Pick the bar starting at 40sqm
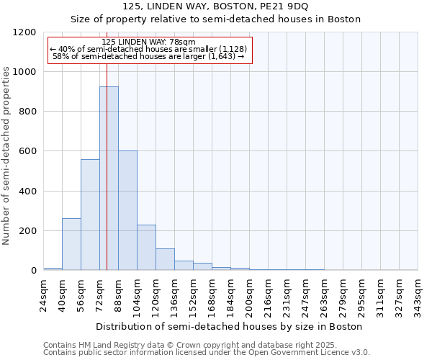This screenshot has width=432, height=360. tap(71, 244)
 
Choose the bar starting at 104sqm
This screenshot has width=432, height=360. tap(146, 248)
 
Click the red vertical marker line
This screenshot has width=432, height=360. tap(107, 144)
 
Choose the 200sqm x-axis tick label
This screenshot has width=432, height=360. tap(249, 295)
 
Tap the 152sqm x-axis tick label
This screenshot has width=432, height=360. tap(193, 295)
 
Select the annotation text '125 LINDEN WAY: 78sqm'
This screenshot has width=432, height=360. tap(148, 42)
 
